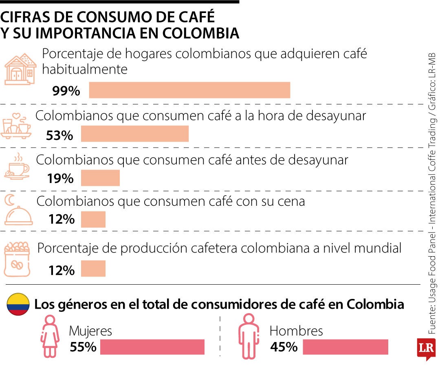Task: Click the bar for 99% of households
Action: point(189,90)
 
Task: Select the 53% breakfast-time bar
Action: point(134,134)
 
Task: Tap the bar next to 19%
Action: point(100,178)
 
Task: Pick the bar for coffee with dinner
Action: point(93,219)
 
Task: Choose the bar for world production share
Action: point(93,268)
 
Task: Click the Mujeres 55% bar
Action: point(152,347)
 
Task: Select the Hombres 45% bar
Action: point(345,347)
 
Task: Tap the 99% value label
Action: point(66,91)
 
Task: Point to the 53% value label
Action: point(59,135)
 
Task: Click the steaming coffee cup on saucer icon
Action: point(17,167)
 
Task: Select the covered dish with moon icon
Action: point(18,211)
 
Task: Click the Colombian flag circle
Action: point(18,304)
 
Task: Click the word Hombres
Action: point(296,331)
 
